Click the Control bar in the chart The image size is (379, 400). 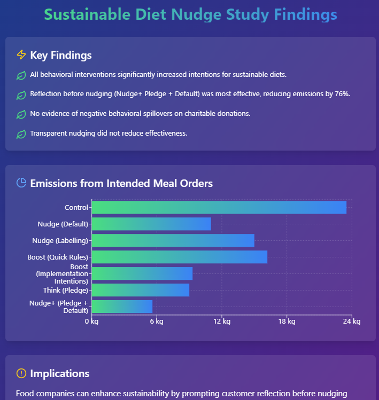[x=219, y=207]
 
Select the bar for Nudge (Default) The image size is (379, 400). [x=151, y=224]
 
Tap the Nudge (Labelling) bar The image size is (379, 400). [x=173, y=240]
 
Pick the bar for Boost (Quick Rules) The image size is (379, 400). [x=180, y=257]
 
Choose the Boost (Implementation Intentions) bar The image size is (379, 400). [x=142, y=273]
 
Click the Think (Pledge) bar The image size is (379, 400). [x=141, y=290]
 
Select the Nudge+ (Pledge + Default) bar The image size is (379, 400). [x=122, y=307]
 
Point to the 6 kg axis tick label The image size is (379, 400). [x=156, y=321]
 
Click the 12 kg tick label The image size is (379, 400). [x=222, y=321]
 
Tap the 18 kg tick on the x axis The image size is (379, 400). [x=287, y=321]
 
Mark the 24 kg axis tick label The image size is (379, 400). [x=352, y=321]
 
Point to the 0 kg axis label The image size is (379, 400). [x=91, y=321]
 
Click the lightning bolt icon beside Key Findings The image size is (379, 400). [x=21, y=54]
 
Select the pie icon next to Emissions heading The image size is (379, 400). [x=21, y=183]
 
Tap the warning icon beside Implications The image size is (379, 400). [x=21, y=373]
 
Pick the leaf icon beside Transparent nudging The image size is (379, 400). [x=21, y=134]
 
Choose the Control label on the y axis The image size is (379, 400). [x=76, y=207]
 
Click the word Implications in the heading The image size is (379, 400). [x=60, y=373]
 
